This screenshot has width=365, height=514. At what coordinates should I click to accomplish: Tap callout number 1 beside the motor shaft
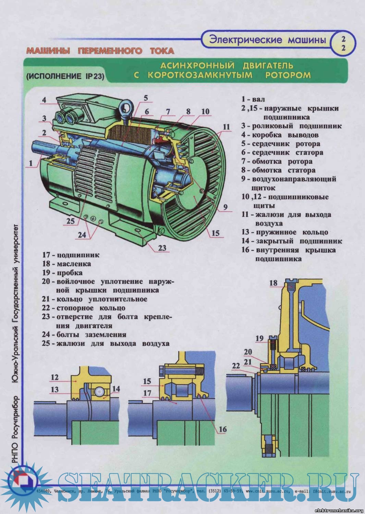(x=31, y=163)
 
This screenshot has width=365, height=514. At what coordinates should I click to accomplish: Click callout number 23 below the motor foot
(x=162, y=248)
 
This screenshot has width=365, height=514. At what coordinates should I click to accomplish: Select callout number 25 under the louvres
(x=70, y=221)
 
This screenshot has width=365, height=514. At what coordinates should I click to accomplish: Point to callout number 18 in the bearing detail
(x=273, y=283)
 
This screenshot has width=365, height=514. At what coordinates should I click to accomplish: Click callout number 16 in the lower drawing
(x=223, y=429)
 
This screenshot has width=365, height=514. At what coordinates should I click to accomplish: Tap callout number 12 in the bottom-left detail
(x=54, y=377)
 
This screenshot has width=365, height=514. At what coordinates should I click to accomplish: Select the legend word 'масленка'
(x=74, y=264)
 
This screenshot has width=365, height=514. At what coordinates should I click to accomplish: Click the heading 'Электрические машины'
(x=267, y=40)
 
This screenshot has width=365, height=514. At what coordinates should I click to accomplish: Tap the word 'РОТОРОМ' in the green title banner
(x=288, y=75)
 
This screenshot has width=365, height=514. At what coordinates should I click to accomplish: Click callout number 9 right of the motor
(x=225, y=207)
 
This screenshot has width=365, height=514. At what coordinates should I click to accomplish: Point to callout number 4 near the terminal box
(x=44, y=100)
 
